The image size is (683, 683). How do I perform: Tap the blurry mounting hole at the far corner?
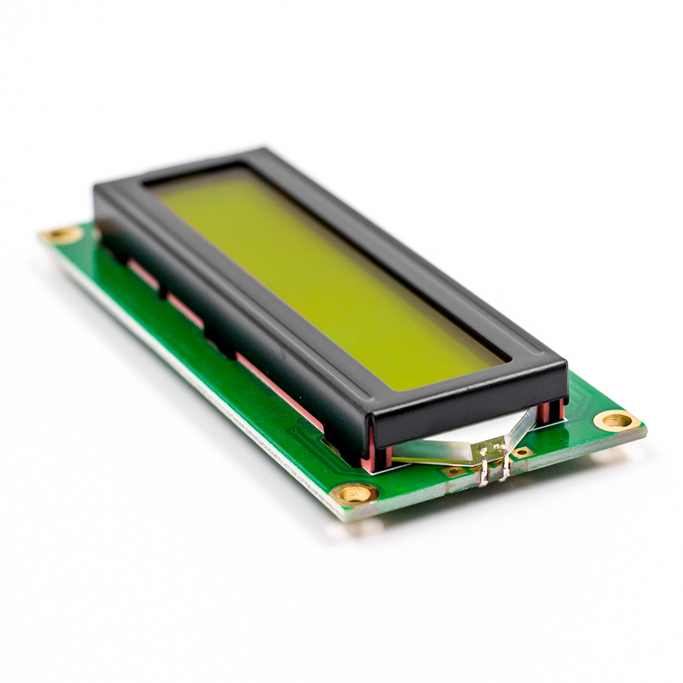coord(62,236)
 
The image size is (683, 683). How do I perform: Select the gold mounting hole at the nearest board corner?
coord(356,493)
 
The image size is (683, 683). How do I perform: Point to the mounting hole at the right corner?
coord(616,421)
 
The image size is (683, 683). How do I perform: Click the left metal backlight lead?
coord(484,471)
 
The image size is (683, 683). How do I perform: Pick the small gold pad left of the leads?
coord(454,471)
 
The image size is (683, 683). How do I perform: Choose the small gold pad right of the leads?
coord(523,451)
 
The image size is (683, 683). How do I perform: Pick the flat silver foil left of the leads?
coord(430,451)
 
